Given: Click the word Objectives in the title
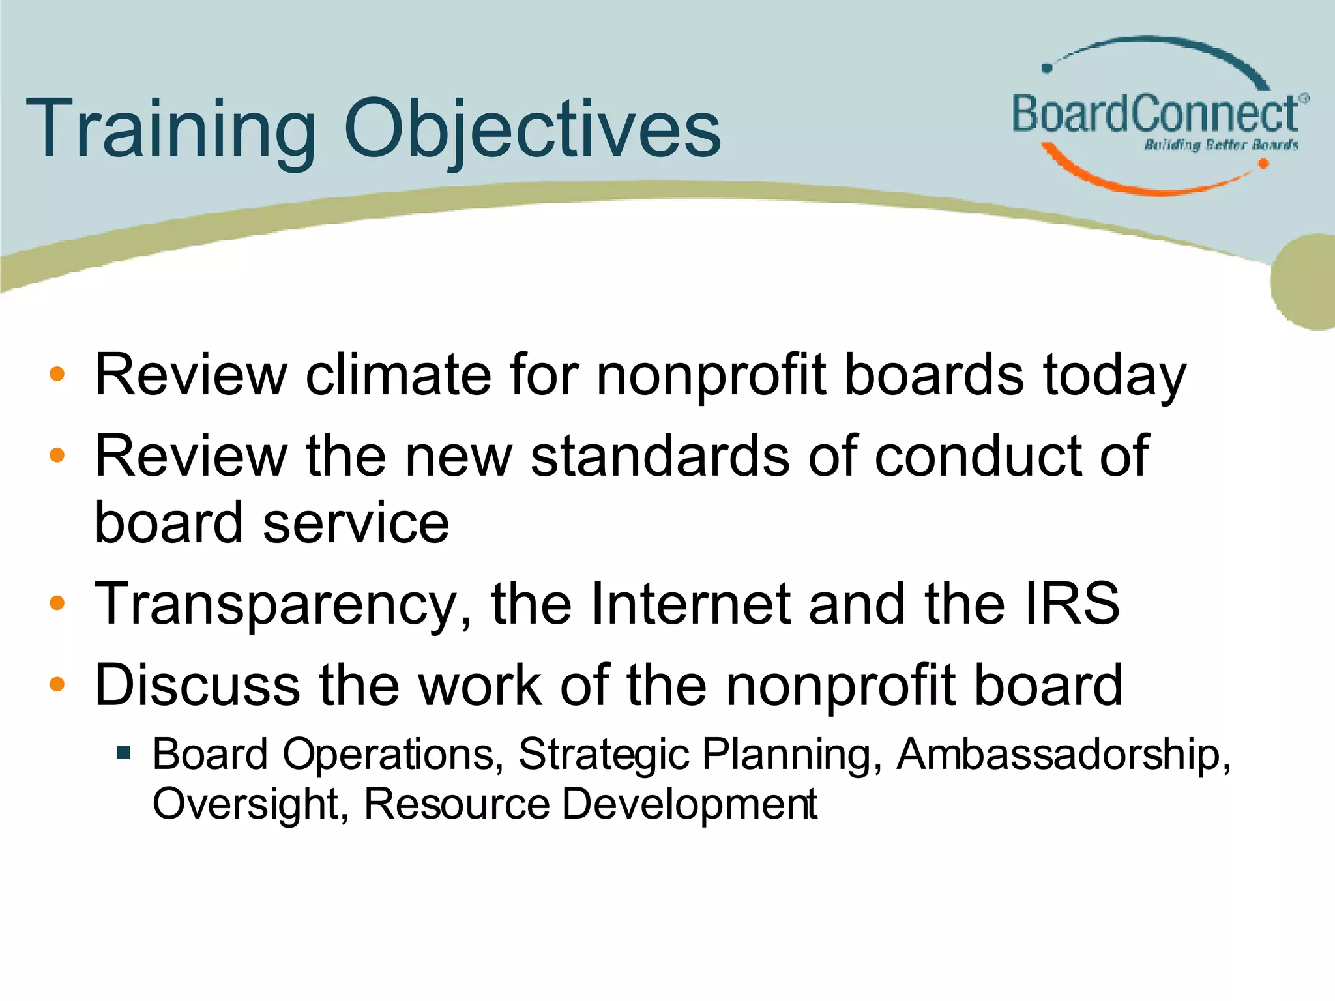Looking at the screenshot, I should (x=532, y=128).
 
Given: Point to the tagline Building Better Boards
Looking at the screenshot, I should (x=1220, y=145).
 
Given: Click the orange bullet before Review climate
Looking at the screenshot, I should (x=57, y=374).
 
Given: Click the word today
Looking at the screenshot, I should (x=1114, y=375).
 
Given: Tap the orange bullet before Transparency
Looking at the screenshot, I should (x=57, y=603).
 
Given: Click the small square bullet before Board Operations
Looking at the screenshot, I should (x=123, y=754).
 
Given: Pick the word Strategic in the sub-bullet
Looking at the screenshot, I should (x=604, y=755).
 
